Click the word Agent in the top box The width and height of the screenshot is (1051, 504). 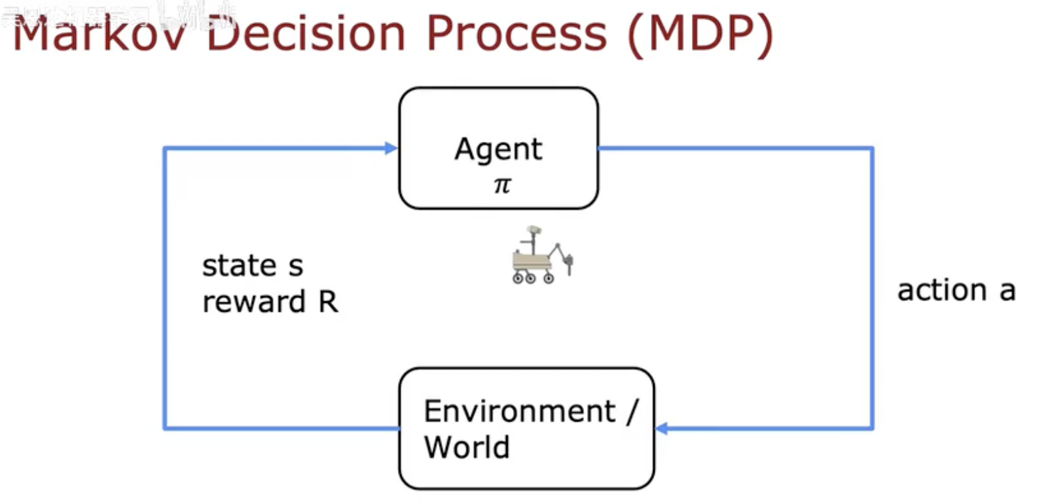499,150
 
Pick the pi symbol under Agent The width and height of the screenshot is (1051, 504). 502,185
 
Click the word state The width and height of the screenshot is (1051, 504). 239,266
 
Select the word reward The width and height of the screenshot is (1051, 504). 254,302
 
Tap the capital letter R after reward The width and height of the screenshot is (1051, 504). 328,302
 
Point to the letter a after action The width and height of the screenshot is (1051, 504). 1007,291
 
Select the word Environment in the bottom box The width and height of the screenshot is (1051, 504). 519,412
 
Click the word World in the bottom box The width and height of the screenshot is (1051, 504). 466,447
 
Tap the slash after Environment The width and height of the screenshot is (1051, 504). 632,412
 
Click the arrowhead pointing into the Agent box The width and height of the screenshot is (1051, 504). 391,148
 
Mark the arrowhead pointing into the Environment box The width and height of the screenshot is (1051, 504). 661,429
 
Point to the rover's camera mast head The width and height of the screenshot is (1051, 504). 534,231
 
